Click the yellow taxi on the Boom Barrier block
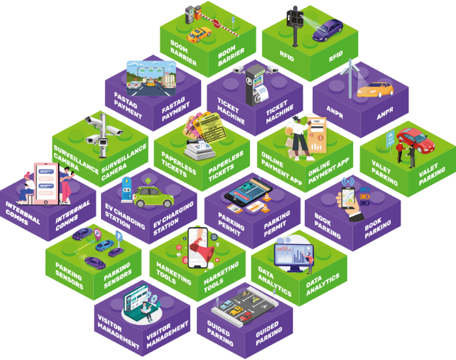tap(199, 33)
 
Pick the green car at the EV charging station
tap(154, 195)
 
